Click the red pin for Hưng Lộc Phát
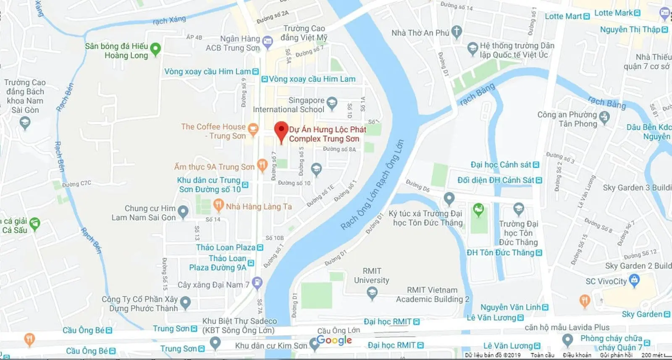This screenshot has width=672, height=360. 281,131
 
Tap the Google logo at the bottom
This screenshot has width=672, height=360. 334,340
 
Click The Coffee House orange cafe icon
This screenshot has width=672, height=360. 253,129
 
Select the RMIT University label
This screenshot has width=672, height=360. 371,276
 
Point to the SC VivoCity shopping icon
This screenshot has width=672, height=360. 634,280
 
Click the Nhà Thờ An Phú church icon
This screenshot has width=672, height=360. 457,32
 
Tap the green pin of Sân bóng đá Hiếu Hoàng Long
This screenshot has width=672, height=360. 155,48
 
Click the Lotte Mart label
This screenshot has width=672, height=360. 563,16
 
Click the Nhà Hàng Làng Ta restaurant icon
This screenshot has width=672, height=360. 218,205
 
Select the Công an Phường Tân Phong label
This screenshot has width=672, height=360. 567,119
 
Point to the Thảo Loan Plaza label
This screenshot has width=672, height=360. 226,247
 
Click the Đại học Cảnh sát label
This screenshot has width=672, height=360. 501,165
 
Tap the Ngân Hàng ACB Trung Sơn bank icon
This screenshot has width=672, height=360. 267,41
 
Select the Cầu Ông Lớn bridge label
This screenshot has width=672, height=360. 339,330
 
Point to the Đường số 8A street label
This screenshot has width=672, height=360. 339,149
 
